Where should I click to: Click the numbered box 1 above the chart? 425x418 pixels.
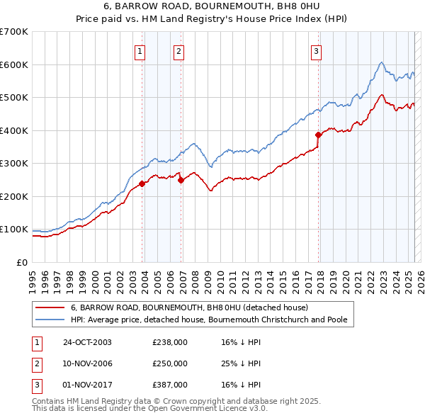tap(140, 50)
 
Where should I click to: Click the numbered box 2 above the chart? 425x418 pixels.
tap(179, 50)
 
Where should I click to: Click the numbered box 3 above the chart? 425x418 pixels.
tap(316, 50)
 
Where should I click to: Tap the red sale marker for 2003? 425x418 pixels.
tap(142, 183)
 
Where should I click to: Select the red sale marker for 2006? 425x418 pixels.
tap(181, 180)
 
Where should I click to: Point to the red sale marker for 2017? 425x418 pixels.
tap(318, 135)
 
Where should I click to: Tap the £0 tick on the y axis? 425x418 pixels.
tap(23, 263)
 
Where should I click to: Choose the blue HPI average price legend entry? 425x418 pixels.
tap(208, 320)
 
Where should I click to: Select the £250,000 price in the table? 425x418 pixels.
tap(170, 363)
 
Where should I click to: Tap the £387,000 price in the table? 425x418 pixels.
tap(170, 385)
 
